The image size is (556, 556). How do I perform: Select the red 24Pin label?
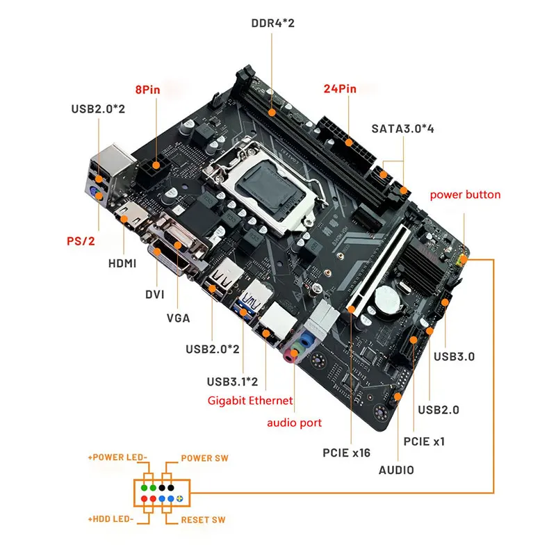pos(340,89)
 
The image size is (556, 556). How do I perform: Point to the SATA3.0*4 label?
pos(402,129)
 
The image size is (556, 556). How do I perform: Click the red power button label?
pos(465,195)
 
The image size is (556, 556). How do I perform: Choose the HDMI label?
pos(122,263)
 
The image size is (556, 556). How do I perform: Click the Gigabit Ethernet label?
pos(251,400)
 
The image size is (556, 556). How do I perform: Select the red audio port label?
pos(295,423)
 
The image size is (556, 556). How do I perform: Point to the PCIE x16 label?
pos(346,453)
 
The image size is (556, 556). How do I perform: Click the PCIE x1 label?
pos(424,440)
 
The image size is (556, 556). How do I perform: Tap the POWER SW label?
pos(205,459)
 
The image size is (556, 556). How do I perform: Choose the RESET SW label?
pos(203,520)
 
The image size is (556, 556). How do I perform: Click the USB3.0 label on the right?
pos(454,357)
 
